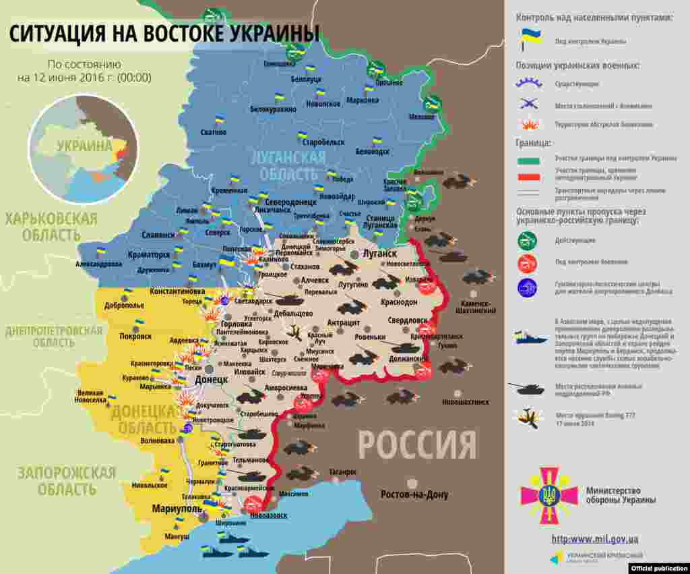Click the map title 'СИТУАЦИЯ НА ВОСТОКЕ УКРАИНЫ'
[164, 34]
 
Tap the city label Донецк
[211, 380]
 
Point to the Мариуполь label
[177, 509]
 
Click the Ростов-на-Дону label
[414, 494]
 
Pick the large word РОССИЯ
[416, 444]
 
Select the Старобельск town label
[323, 142]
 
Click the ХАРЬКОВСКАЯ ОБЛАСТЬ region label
[51, 227]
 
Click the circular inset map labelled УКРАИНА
[84, 148]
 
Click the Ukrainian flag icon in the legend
[529, 40]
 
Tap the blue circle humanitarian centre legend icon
[527, 288]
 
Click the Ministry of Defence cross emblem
[548, 495]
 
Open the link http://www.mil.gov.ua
[594, 538]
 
